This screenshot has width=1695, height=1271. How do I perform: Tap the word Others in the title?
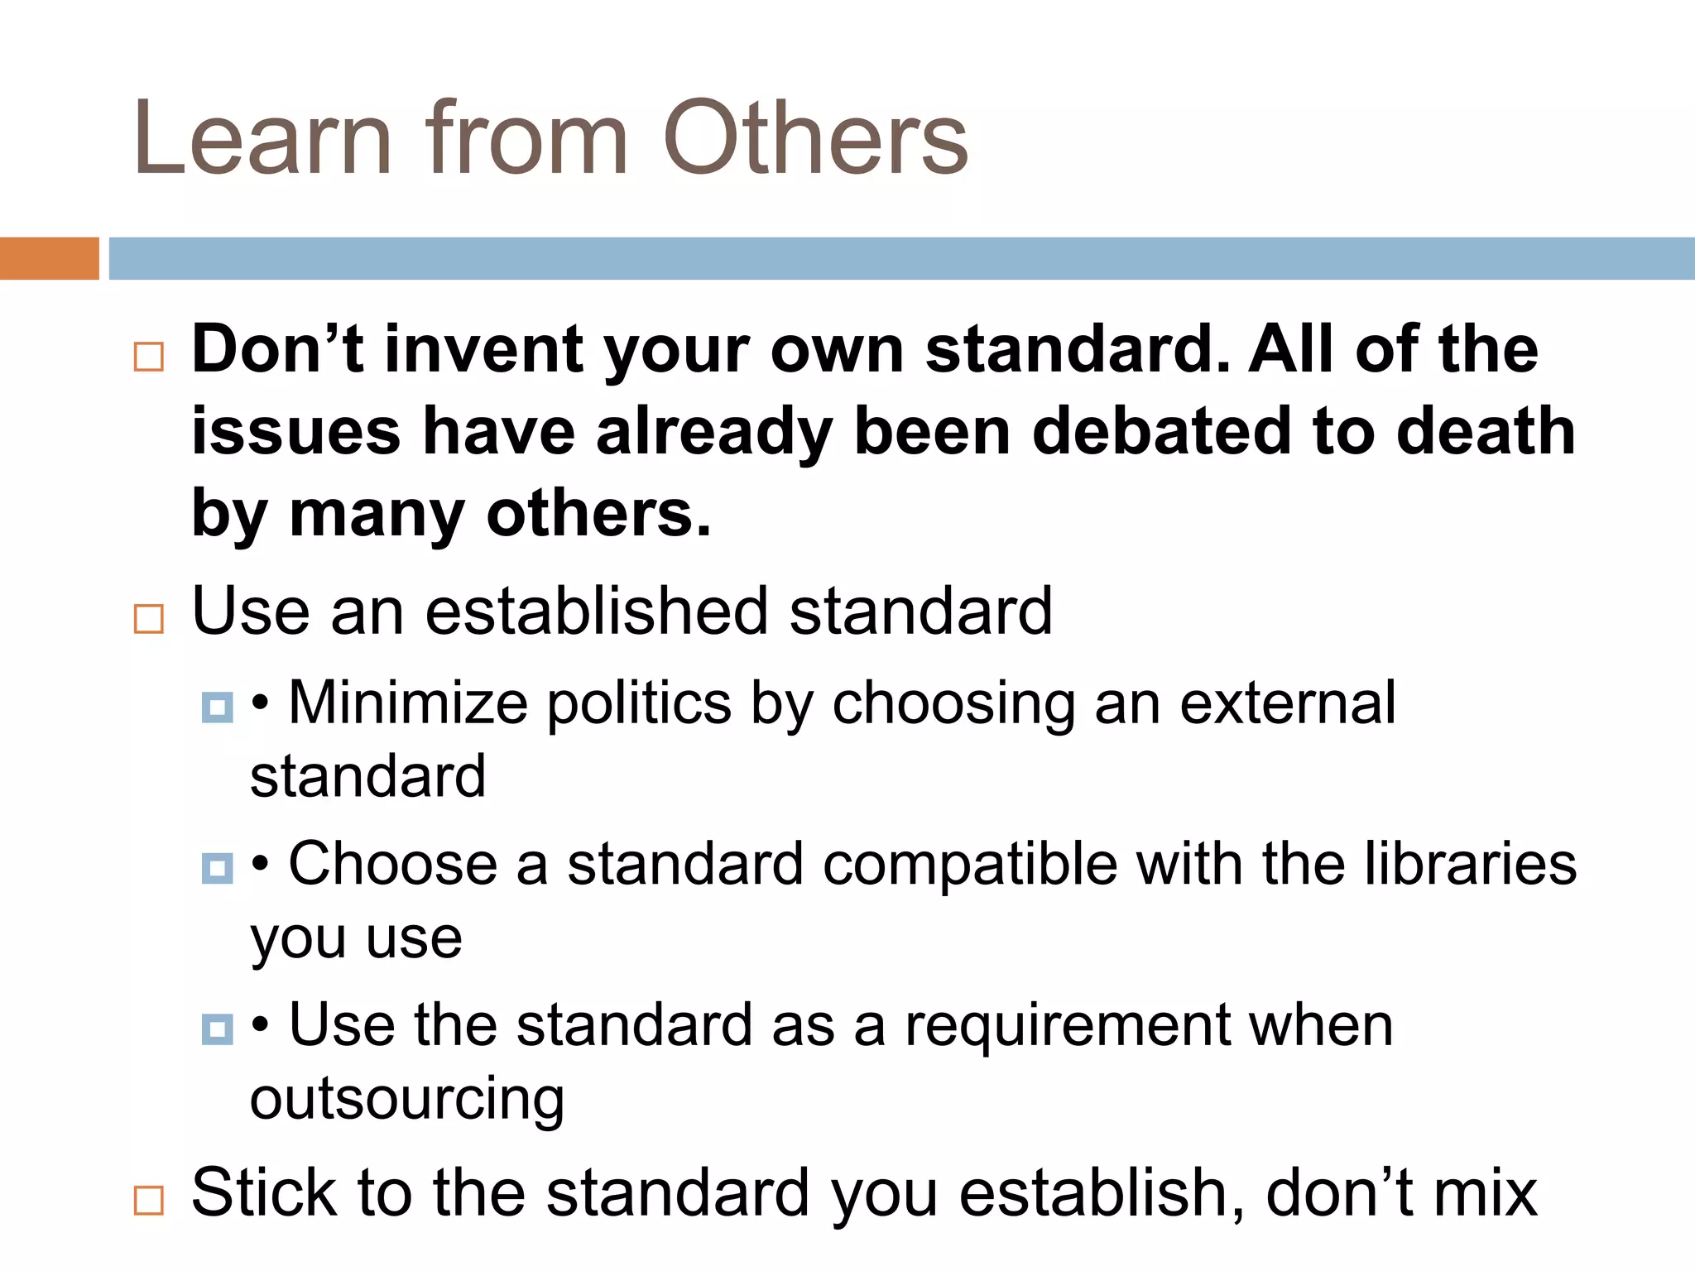(815, 139)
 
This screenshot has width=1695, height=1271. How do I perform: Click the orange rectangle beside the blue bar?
(49, 258)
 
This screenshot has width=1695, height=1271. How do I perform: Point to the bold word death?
(1486, 432)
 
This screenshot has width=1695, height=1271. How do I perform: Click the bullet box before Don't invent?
(149, 357)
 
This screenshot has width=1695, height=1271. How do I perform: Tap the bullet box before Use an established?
(149, 618)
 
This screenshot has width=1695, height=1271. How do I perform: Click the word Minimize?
(407, 703)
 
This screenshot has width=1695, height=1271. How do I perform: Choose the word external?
(1287, 703)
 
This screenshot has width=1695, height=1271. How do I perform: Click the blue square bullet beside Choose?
(217, 868)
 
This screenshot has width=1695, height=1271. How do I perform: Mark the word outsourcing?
(407, 1101)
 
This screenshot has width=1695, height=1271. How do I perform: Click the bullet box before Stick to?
(149, 1200)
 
